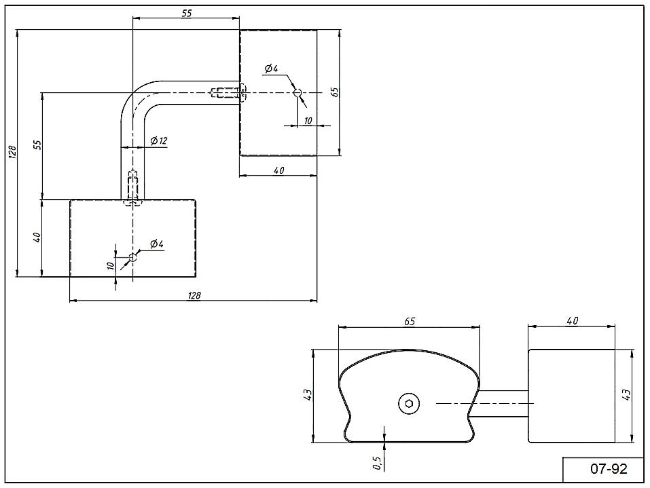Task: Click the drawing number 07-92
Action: [x=603, y=469]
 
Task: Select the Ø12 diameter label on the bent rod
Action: [x=159, y=140]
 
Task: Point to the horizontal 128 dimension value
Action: [x=194, y=295]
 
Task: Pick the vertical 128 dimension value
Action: [x=12, y=152]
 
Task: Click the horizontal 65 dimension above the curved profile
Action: [x=410, y=320]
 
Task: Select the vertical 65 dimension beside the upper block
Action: [x=334, y=92]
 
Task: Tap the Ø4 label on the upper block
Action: [x=271, y=68]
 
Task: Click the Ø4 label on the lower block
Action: [x=156, y=244]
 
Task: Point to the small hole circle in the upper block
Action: [x=297, y=92]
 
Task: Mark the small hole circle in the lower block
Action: [x=133, y=257]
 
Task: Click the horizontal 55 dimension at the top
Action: [x=186, y=12]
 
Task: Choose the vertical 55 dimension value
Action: [x=37, y=144]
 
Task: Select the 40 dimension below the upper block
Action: [x=278, y=170]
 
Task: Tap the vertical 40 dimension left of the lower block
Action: [x=37, y=238]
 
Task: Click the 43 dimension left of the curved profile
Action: [x=307, y=394]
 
